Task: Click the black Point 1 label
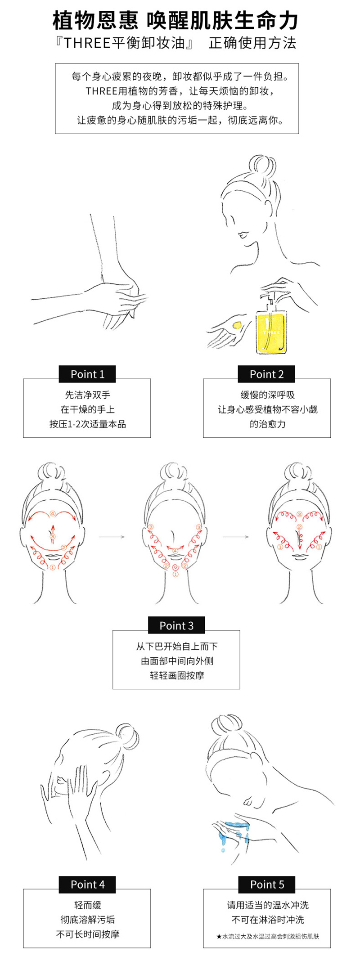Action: point(87,374)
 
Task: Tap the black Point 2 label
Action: point(266,374)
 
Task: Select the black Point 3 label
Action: point(176,625)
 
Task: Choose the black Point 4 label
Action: point(87,885)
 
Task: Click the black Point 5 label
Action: point(267,885)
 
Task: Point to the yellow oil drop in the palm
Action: point(237,325)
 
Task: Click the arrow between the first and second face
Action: point(111,537)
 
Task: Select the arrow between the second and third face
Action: point(236,537)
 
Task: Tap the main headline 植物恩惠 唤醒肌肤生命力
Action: point(176,20)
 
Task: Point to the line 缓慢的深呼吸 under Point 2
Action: point(267,395)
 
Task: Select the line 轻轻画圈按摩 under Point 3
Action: point(176,675)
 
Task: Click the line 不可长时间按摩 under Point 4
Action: point(87,934)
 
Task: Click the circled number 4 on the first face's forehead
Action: point(53,513)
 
